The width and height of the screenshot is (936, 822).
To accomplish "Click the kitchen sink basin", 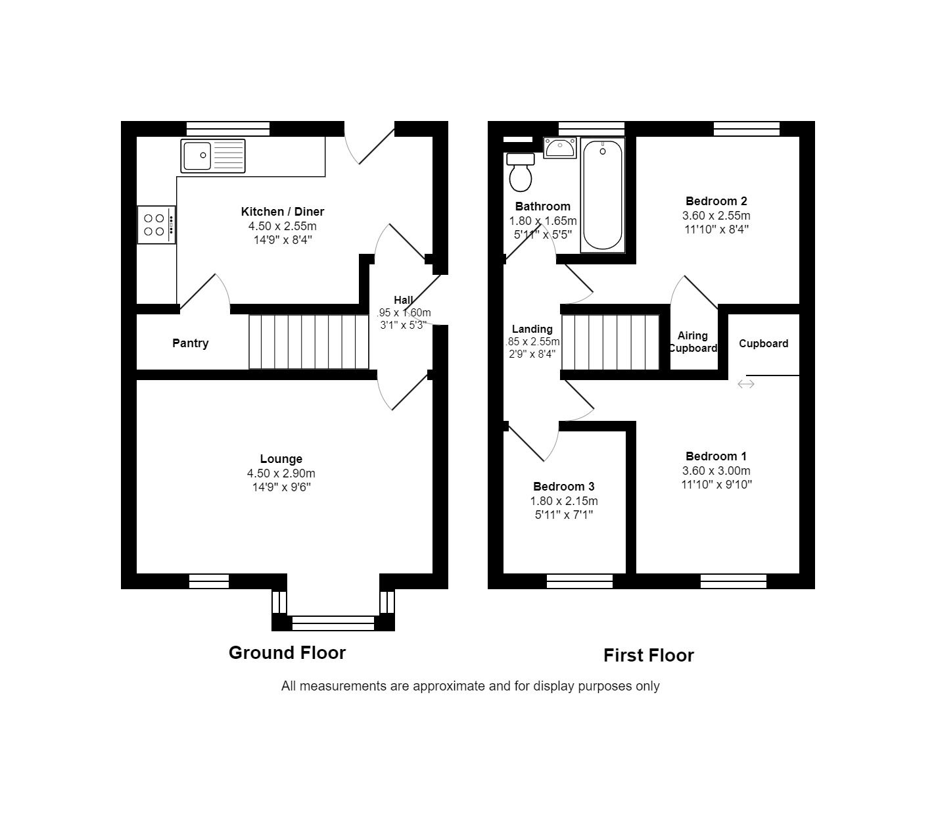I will coord(197,156).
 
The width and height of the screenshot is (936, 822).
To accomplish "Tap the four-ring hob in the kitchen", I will coord(156,225).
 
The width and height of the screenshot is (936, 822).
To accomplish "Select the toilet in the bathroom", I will coord(521,172).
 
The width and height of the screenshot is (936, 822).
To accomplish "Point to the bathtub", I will coord(602,195).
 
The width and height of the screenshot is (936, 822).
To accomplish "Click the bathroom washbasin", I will coord(560,148).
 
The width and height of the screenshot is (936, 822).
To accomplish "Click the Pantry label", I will coord(190,343).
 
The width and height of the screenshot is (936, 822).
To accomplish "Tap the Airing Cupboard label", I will coord(693,342).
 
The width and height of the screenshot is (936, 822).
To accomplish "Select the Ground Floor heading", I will coord(287,652).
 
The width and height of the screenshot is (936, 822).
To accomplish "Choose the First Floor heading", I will coord(648,656).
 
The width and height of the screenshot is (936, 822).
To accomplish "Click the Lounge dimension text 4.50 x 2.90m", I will coord(281,473).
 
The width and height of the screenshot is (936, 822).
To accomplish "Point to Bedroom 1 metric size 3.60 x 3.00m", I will coord(716,471).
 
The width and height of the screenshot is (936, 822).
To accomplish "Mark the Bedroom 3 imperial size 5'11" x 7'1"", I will coord(563,515).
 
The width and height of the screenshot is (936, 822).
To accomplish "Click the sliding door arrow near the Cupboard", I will coord(745,384).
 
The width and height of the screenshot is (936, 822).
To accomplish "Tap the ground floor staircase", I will coord(308,342).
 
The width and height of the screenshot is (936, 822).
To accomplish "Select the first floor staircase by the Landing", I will coord(610,342).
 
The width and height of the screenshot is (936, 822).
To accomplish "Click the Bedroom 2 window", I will coord(746,129).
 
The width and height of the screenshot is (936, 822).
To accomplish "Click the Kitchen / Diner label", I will coord(282,212).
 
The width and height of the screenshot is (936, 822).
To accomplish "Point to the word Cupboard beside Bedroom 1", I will coord(763,343).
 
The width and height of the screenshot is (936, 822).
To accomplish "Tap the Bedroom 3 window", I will coord(579,581).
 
